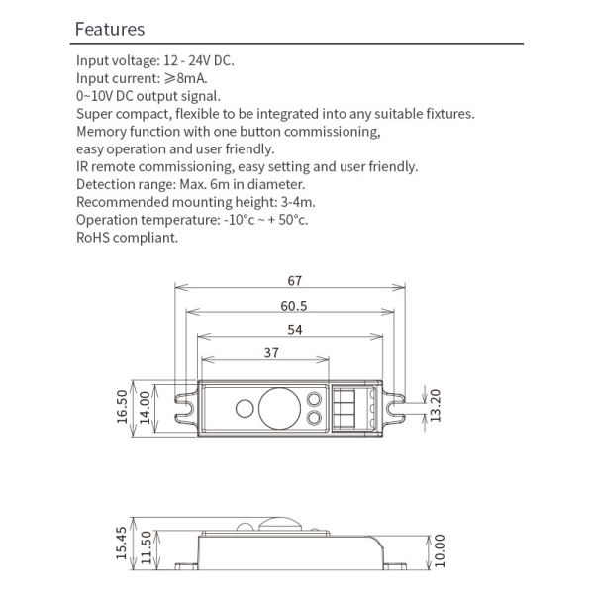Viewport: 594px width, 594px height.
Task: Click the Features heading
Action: [110, 30]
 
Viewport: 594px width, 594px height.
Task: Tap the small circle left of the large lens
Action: [244, 408]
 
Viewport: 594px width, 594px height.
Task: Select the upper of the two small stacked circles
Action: [314, 399]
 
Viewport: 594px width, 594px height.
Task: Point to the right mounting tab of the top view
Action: [395, 408]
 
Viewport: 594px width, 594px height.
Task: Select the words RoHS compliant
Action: [128, 238]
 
